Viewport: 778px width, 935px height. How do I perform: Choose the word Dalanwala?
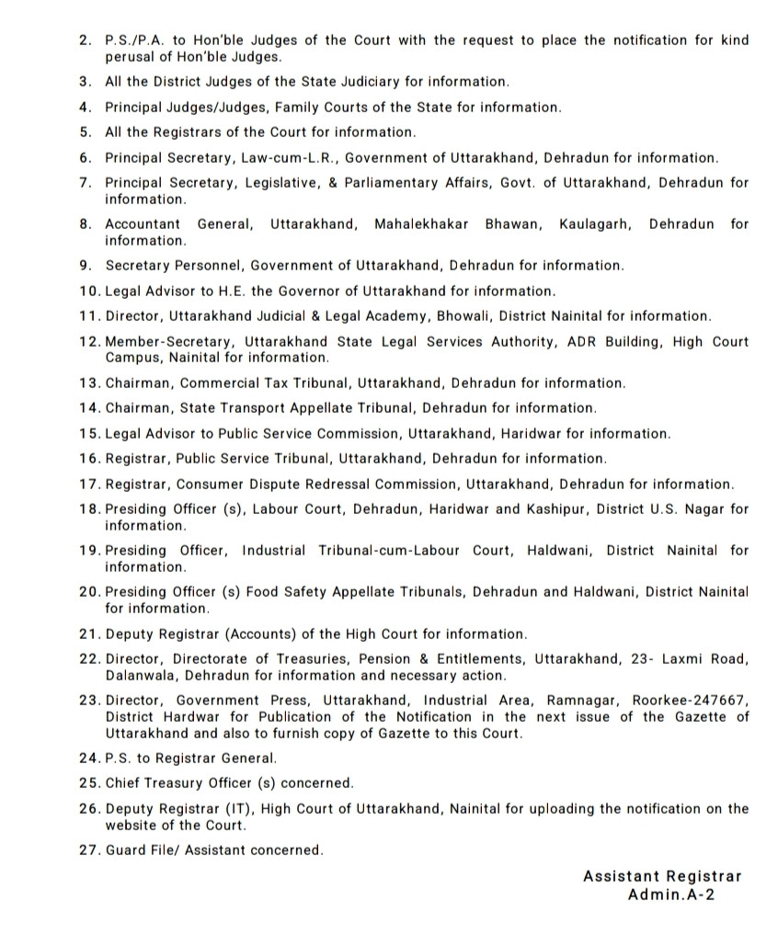[x=137, y=676]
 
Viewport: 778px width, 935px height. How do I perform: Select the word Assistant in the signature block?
[x=621, y=876]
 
